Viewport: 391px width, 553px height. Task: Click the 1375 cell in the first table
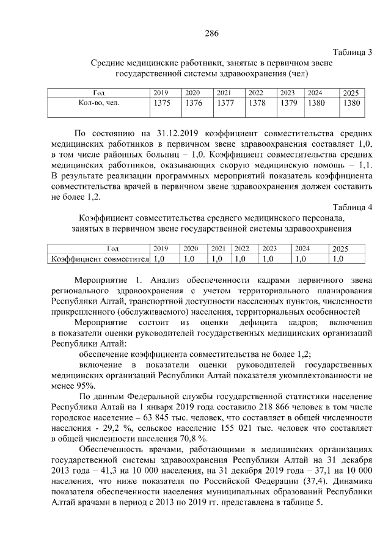pos(162,103)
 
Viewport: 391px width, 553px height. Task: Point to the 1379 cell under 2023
pos(288,103)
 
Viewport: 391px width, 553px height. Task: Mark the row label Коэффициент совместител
pos(101,259)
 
